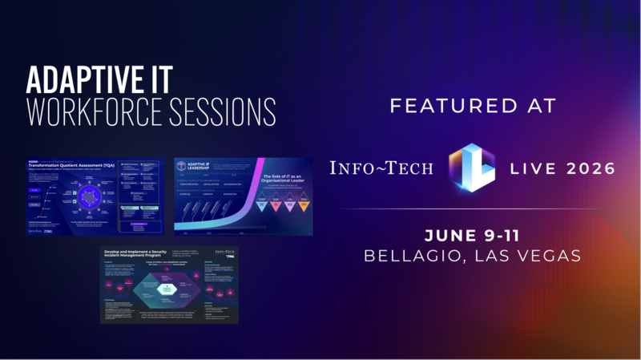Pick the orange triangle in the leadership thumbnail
click(x=304, y=207)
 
